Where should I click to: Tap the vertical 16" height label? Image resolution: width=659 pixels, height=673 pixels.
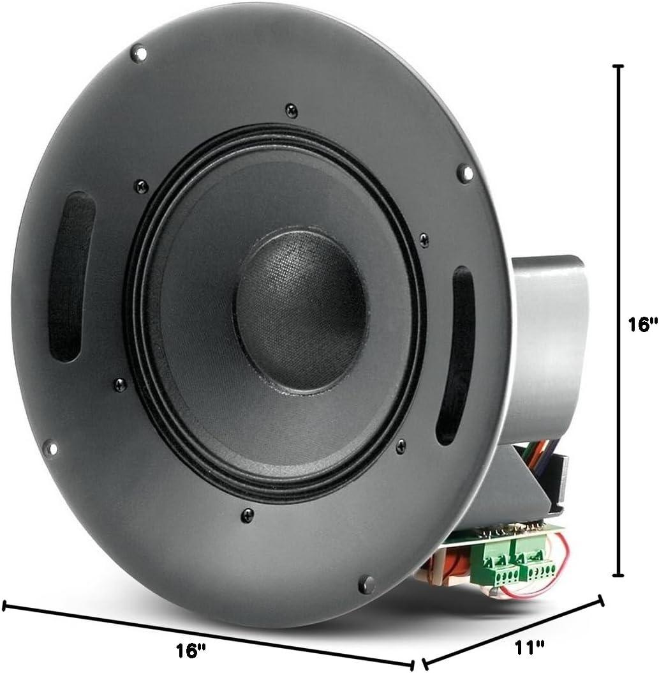tap(641, 325)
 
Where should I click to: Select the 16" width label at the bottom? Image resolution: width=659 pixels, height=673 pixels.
tap(191, 651)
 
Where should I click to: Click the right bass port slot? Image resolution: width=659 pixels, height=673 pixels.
tap(455, 355)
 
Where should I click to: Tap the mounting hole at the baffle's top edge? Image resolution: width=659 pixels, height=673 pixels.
tap(138, 54)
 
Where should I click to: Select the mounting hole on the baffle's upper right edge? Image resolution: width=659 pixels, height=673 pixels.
tap(465, 172)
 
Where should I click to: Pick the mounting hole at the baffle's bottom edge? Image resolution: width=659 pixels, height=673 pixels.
tap(366, 582)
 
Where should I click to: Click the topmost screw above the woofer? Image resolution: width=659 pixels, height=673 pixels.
tap(291, 110)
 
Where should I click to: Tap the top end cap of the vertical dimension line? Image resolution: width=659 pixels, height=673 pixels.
tap(618, 66)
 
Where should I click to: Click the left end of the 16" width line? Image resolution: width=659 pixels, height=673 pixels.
tap(5, 605)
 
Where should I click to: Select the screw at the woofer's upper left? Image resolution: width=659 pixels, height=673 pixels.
tap(142, 186)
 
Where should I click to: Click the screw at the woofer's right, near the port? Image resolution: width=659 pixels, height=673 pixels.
tap(424, 239)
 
